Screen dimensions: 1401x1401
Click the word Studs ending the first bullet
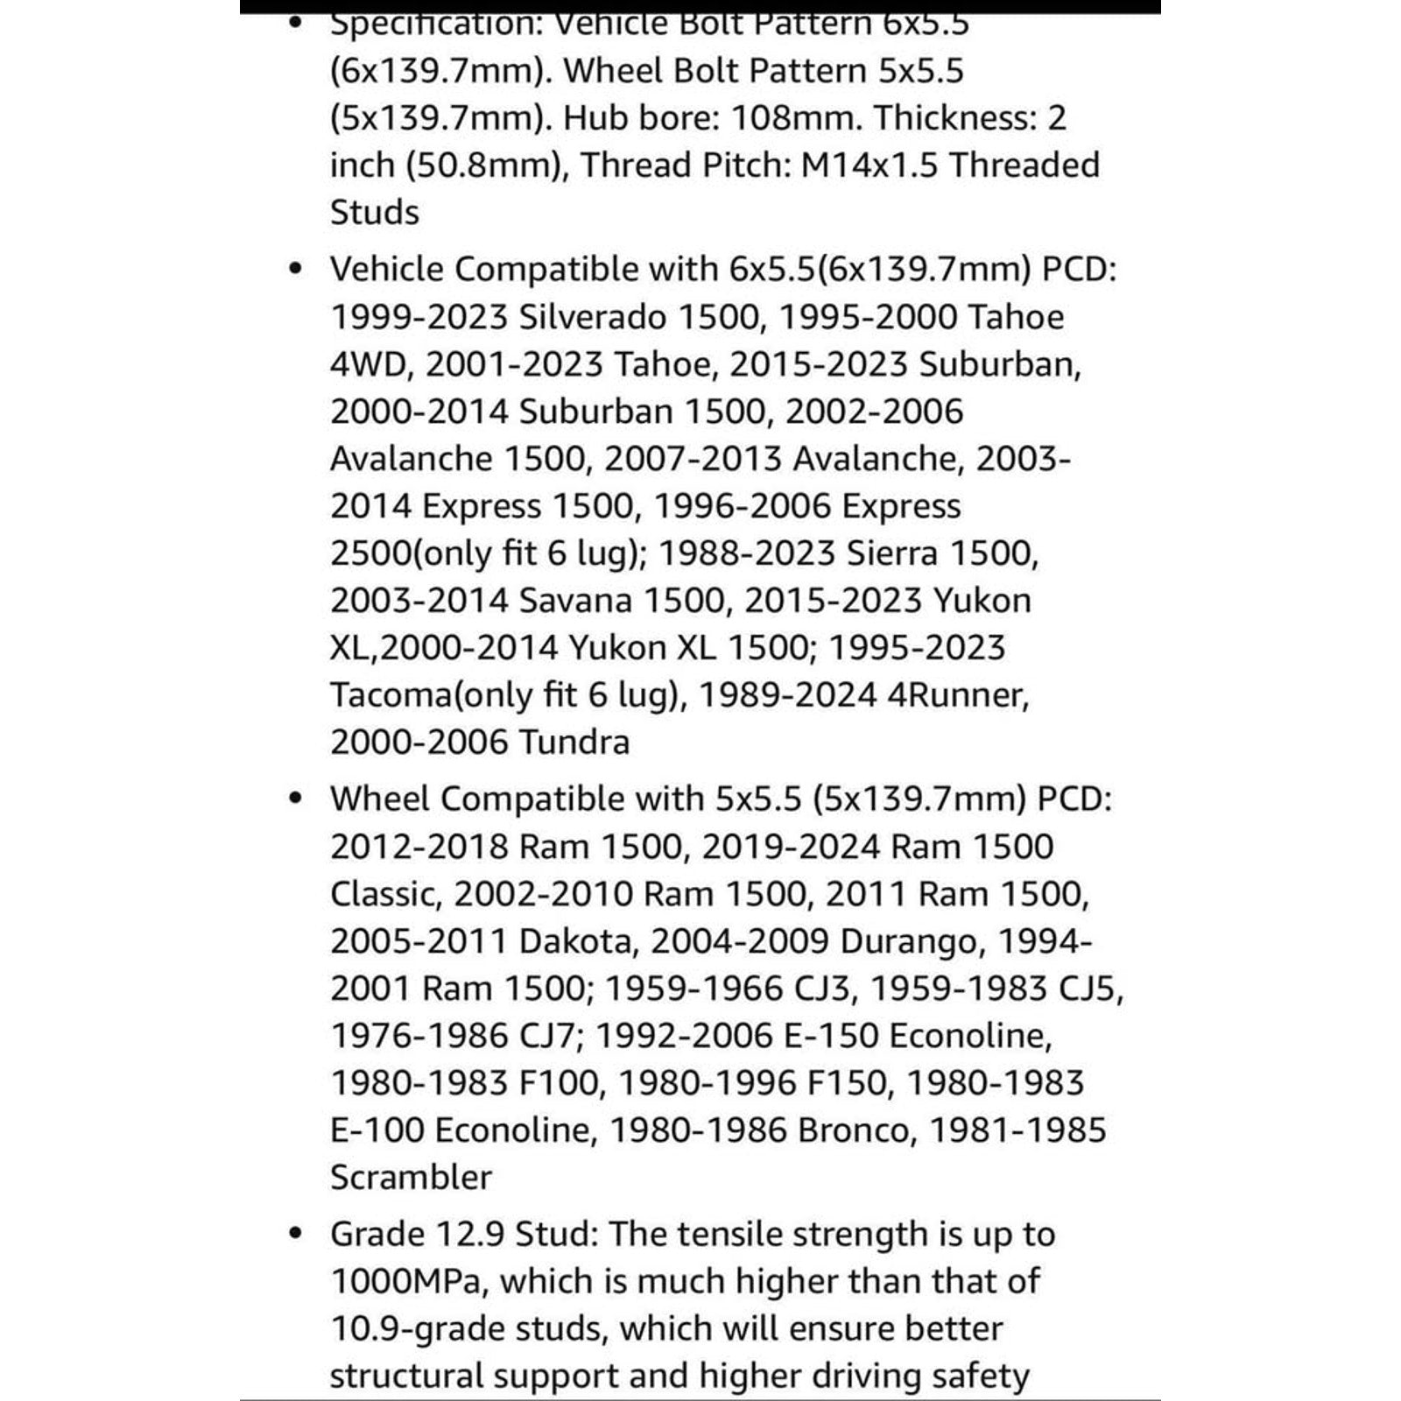375,212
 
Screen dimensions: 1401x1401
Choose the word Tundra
574,742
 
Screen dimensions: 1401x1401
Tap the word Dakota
574,940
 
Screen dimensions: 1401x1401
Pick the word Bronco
853,1130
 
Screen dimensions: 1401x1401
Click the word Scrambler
411,1177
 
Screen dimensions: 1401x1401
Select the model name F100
558,1082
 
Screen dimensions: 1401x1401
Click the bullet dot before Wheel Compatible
296,799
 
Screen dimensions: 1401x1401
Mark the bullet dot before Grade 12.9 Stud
296,1234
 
